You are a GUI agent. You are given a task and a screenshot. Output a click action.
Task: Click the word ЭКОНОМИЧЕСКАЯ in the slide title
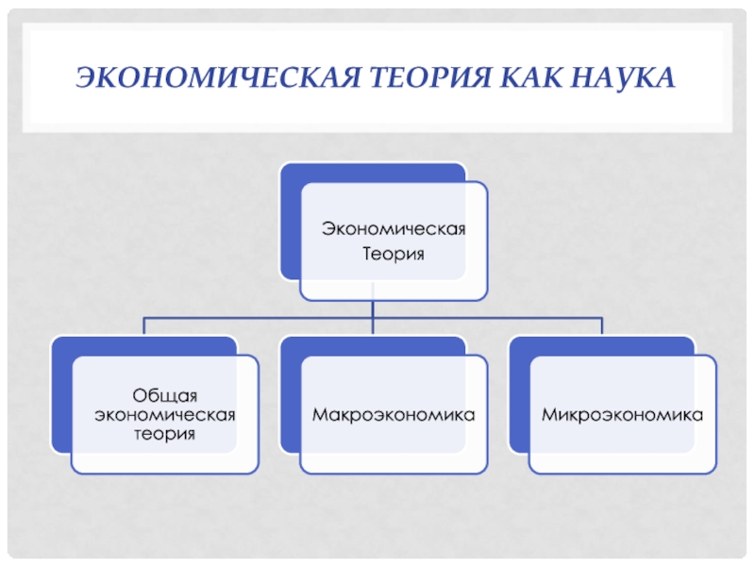tap(218, 77)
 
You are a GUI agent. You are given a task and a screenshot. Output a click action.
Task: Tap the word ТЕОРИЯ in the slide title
tap(431, 77)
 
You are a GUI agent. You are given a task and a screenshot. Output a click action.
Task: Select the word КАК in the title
tap(530, 77)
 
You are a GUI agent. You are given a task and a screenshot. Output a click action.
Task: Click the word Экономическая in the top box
tap(394, 228)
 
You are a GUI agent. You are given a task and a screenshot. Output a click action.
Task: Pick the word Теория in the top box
tap(394, 254)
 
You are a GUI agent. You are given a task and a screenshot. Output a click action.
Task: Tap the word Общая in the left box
tap(164, 395)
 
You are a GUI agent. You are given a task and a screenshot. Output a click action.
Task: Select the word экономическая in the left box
tap(164, 414)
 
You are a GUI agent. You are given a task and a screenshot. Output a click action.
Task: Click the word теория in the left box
tap(164, 434)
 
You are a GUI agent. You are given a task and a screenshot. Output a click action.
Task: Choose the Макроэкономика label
tap(394, 414)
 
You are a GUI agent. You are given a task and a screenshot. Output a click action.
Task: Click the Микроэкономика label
tap(622, 414)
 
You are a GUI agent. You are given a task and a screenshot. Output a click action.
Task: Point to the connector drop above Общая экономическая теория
tap(144, 325)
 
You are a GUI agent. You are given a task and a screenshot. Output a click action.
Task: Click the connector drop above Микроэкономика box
tap(601, 325)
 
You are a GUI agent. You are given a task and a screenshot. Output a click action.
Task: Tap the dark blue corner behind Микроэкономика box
tap(519, 394)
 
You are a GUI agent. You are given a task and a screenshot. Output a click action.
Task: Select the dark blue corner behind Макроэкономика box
tap(291, 394)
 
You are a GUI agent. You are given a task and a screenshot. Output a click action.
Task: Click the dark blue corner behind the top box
tap(291, 222)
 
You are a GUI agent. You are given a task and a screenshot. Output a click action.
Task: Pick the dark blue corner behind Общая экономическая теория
tap(61, 394)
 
